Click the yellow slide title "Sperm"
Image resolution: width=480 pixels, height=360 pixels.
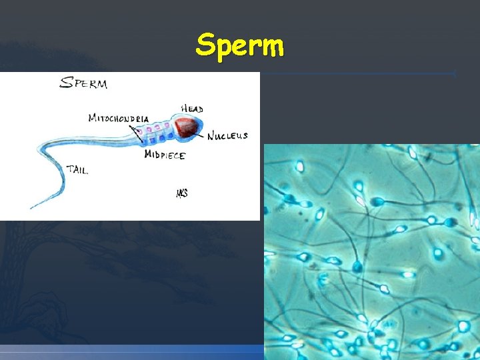tap(240, 46)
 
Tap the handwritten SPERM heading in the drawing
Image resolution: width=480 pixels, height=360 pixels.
tap(83, 83)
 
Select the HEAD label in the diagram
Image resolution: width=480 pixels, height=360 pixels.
tap(192, 109)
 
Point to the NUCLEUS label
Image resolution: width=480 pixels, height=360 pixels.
tap(227, 136)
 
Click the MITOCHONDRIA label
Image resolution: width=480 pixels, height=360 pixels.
tap(118, 119)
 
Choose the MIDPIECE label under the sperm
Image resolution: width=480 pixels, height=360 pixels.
tap(165, 155)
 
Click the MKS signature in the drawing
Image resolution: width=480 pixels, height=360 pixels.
tap(181, 193)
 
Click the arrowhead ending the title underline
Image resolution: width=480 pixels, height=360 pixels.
tap(454, 73)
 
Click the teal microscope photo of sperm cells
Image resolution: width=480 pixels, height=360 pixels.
tap(371, 252)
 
